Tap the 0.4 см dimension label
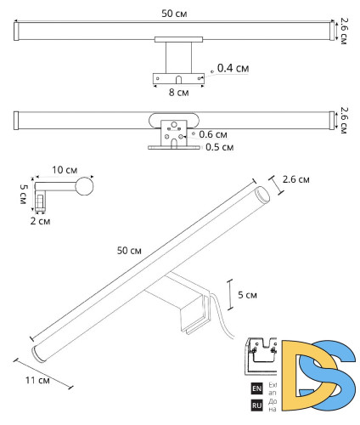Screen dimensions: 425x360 [233, 67]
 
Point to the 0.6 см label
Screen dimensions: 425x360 [214, 134]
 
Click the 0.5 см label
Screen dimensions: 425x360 [219, 146]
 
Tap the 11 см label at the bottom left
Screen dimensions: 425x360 [36, 381]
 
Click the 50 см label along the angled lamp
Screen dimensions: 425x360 [129, 252]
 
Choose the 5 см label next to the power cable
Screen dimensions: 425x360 [246, 295]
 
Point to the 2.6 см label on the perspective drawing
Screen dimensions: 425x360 [295, 180]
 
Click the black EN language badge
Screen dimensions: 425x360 [256, 388]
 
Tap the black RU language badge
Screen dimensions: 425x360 [256, 405]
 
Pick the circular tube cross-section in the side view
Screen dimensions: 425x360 [84, 186]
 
